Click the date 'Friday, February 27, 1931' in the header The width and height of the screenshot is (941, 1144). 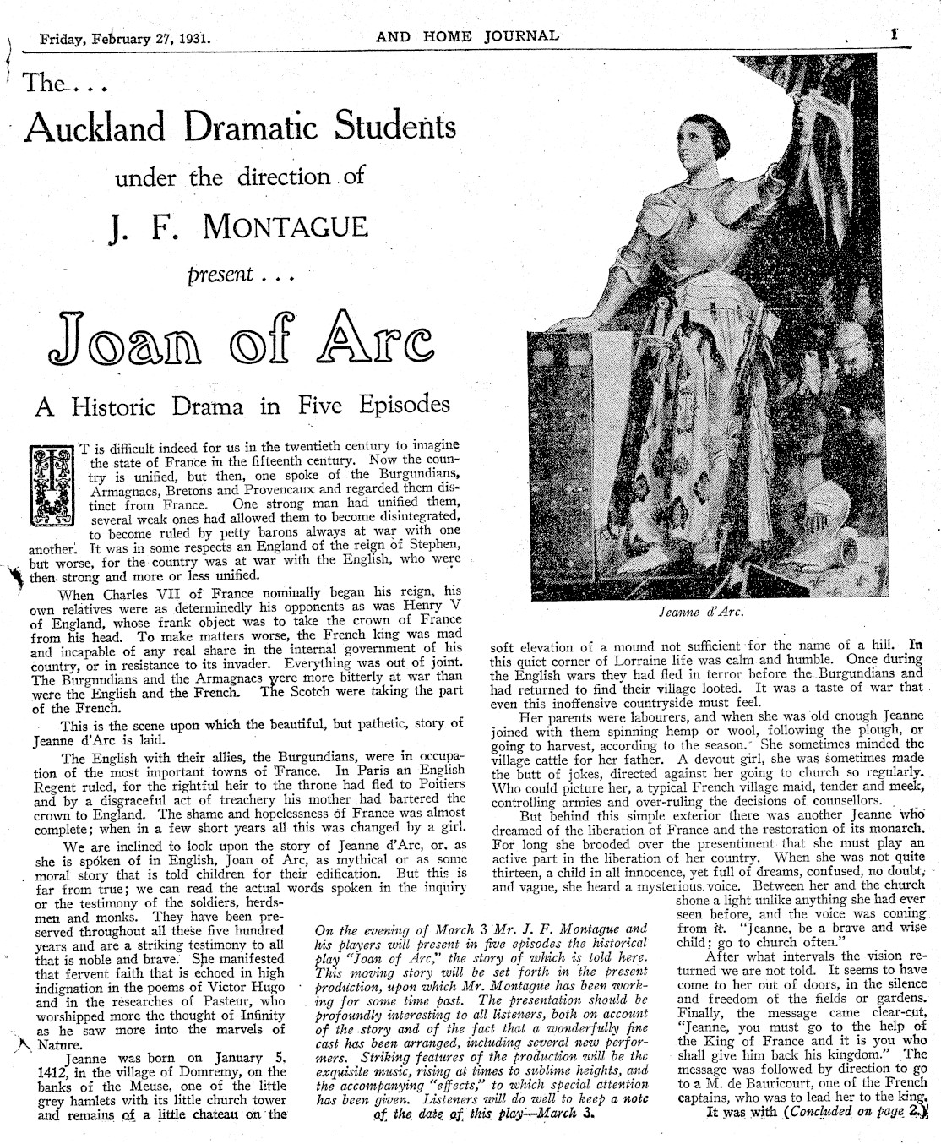click(x=124, y=38)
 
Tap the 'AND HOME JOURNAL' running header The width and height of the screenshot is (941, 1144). click(x=467, y=35)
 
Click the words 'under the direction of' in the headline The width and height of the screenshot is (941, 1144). click(x=241, y=177)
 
